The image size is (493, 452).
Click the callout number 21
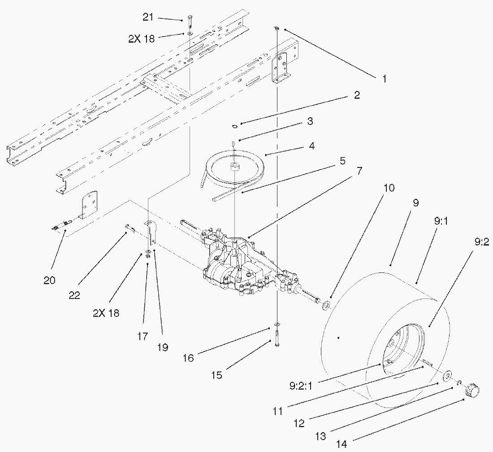pyautogui.click(x=148, y=17)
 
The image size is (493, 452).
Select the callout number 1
pyautogui.click(x=384, y=79)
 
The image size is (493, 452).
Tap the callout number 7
pyautogui.click(x=359, y=171)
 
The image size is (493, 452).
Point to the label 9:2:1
pyautogui.click(x=301, y=386)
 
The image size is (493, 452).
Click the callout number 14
pyautogui.click(x=342, y=444)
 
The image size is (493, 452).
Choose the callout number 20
pyautogui.click(x=49, y=280)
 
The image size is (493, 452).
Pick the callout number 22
pyautogui.click(x=74, y=295)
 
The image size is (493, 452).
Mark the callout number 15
pyautogui.click(x=217, y=375)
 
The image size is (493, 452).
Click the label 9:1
pyautogui.click(x=441, y=221)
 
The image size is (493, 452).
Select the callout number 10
pyautogui.click(x=389, y=188)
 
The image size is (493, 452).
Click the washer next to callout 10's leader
pyautogui.click(x=326, y=305)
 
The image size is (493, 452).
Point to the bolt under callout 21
pyautogui.click(x=190, y=21)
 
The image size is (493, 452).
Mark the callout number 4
pyautogui.click(x=311, y=146)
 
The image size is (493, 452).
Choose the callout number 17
pyautogui.click(x=143, y=336)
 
